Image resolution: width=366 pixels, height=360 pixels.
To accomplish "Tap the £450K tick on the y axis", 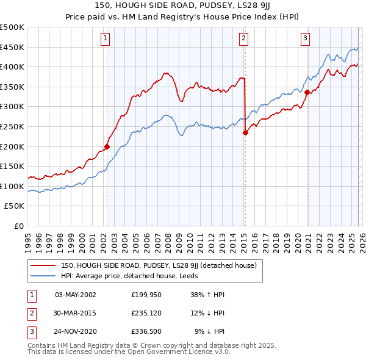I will pyautogui.click(x=12, y=47).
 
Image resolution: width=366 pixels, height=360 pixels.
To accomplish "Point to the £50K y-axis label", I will pyautogui.click(x=15, y=206).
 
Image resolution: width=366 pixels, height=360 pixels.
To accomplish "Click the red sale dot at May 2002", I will pyautogui.click(x=107, y=146).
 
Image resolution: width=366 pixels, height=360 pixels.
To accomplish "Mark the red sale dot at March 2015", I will pyautogui.click(x=245, y=132).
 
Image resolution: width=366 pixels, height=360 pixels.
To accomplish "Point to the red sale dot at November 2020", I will pyautogui.click(x=307, y=92).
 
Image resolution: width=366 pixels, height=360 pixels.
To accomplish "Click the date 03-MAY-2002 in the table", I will pyautogui.click(x=75, y=295).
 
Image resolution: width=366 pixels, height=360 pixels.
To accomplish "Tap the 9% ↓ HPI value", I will pyautogui.click(x=210, y=332).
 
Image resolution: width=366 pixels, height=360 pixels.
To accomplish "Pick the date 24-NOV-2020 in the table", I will pyautogui.click(x=75, y=332).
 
